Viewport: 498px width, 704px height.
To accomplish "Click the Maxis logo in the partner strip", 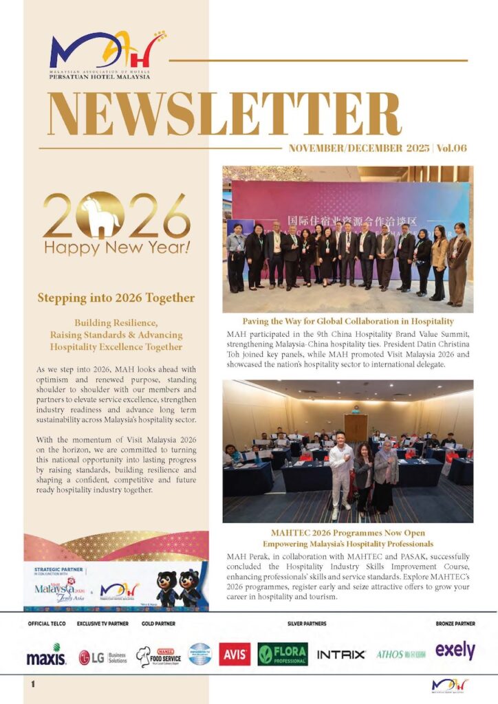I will (46, 656).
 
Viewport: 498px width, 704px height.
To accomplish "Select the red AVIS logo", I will (235, 654).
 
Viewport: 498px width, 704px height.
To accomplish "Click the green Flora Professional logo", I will (283, 654).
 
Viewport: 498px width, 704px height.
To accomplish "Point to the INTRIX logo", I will (341, 654).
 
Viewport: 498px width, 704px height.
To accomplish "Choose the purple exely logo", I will (455, 650).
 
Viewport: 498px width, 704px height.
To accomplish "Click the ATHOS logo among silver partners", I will (400, 654).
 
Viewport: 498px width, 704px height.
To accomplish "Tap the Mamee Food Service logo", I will (157, 656).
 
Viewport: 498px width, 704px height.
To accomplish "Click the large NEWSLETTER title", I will (223, 114).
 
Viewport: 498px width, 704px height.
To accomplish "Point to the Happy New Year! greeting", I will (116, 246).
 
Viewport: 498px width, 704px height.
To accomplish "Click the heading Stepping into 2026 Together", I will (116, 298).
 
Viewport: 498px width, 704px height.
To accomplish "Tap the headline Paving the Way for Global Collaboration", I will (347, 321).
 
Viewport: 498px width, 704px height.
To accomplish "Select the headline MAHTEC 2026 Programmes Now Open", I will (347, 533).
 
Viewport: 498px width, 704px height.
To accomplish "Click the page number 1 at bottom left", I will (32, 684).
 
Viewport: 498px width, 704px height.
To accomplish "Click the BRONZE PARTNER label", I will (455, 624).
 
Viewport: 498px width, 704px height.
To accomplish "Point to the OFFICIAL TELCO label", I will (45, 624).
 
